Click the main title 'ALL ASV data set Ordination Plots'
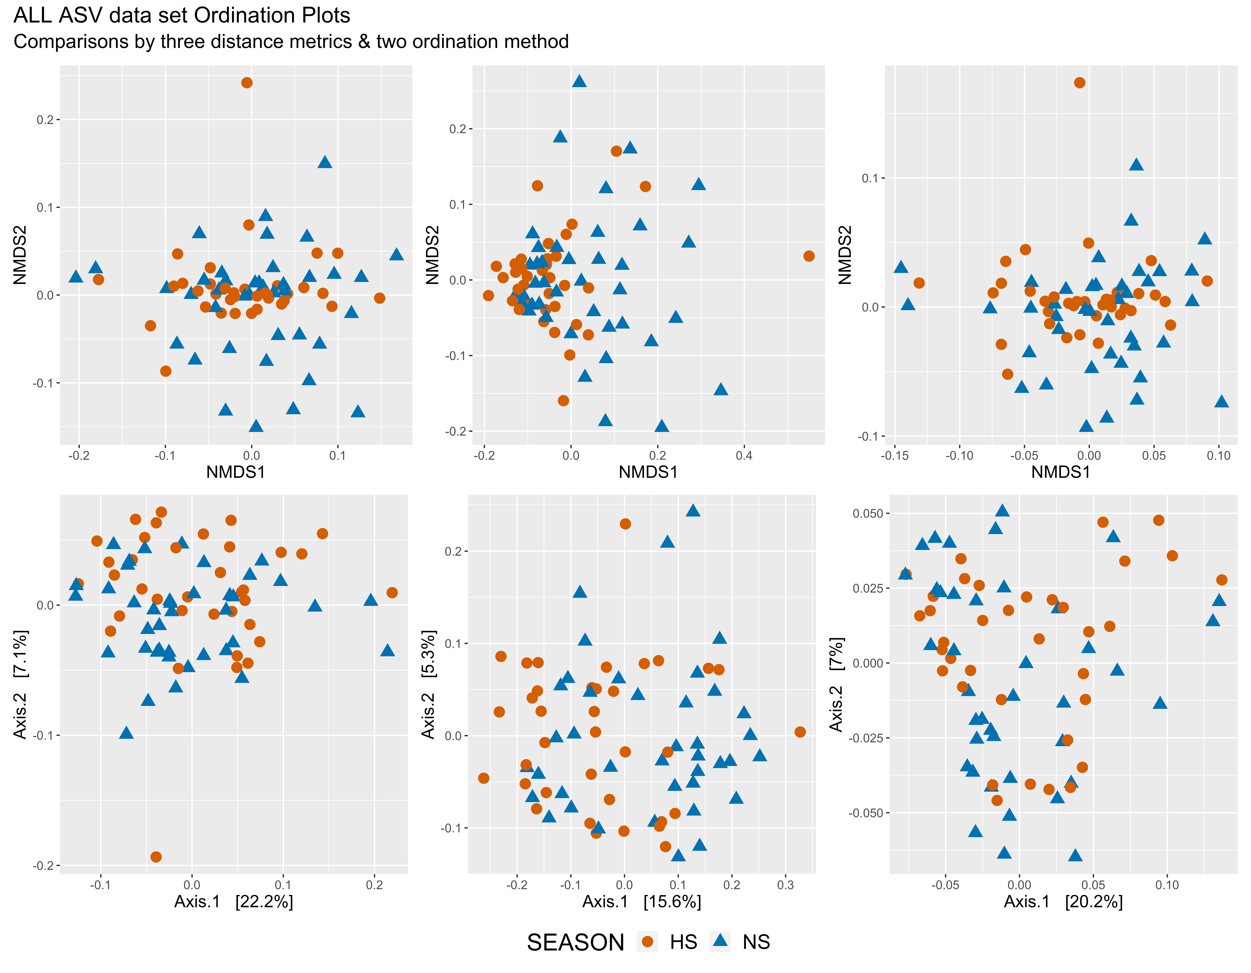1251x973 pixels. click(182, 15)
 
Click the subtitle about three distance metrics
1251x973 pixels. click(291, 42)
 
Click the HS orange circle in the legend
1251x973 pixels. click(648, 942)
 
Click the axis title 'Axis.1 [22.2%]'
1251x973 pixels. click(234, 902)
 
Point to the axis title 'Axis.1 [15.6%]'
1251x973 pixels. click(642, 902)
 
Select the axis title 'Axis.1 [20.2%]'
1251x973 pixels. click(1063, 902)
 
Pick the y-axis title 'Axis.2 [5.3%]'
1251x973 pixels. click(428, 684)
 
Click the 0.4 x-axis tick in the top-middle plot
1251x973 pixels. click(744, 456)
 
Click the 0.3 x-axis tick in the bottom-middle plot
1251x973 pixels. click(785, 885)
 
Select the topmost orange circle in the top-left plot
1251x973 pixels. click(247, 83)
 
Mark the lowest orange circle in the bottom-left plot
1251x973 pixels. click(156, 857)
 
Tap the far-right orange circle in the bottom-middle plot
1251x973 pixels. click(800, 732)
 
